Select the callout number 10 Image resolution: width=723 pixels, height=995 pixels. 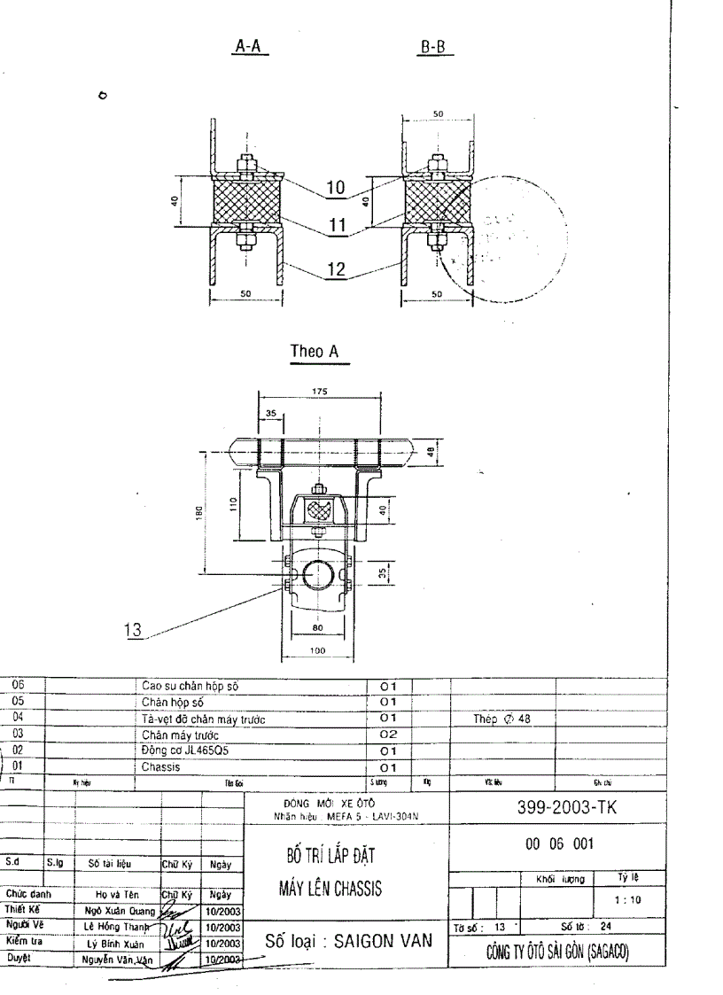click(x=336, y=188)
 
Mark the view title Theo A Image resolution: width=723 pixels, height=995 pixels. click(x=315, y=353)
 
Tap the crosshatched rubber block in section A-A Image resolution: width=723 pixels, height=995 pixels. click(x=246, y=201)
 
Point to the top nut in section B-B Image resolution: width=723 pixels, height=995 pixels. click(x=436, y=164)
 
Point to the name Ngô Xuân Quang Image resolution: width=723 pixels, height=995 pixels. click(x=118, y=911)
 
